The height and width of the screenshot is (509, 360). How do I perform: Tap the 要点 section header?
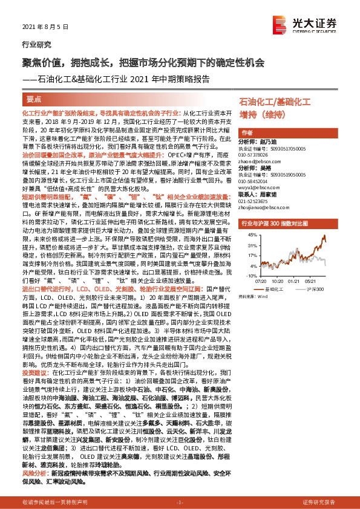(x=34, y=100)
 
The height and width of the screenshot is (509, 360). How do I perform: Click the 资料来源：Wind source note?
(x=254, y=297)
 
